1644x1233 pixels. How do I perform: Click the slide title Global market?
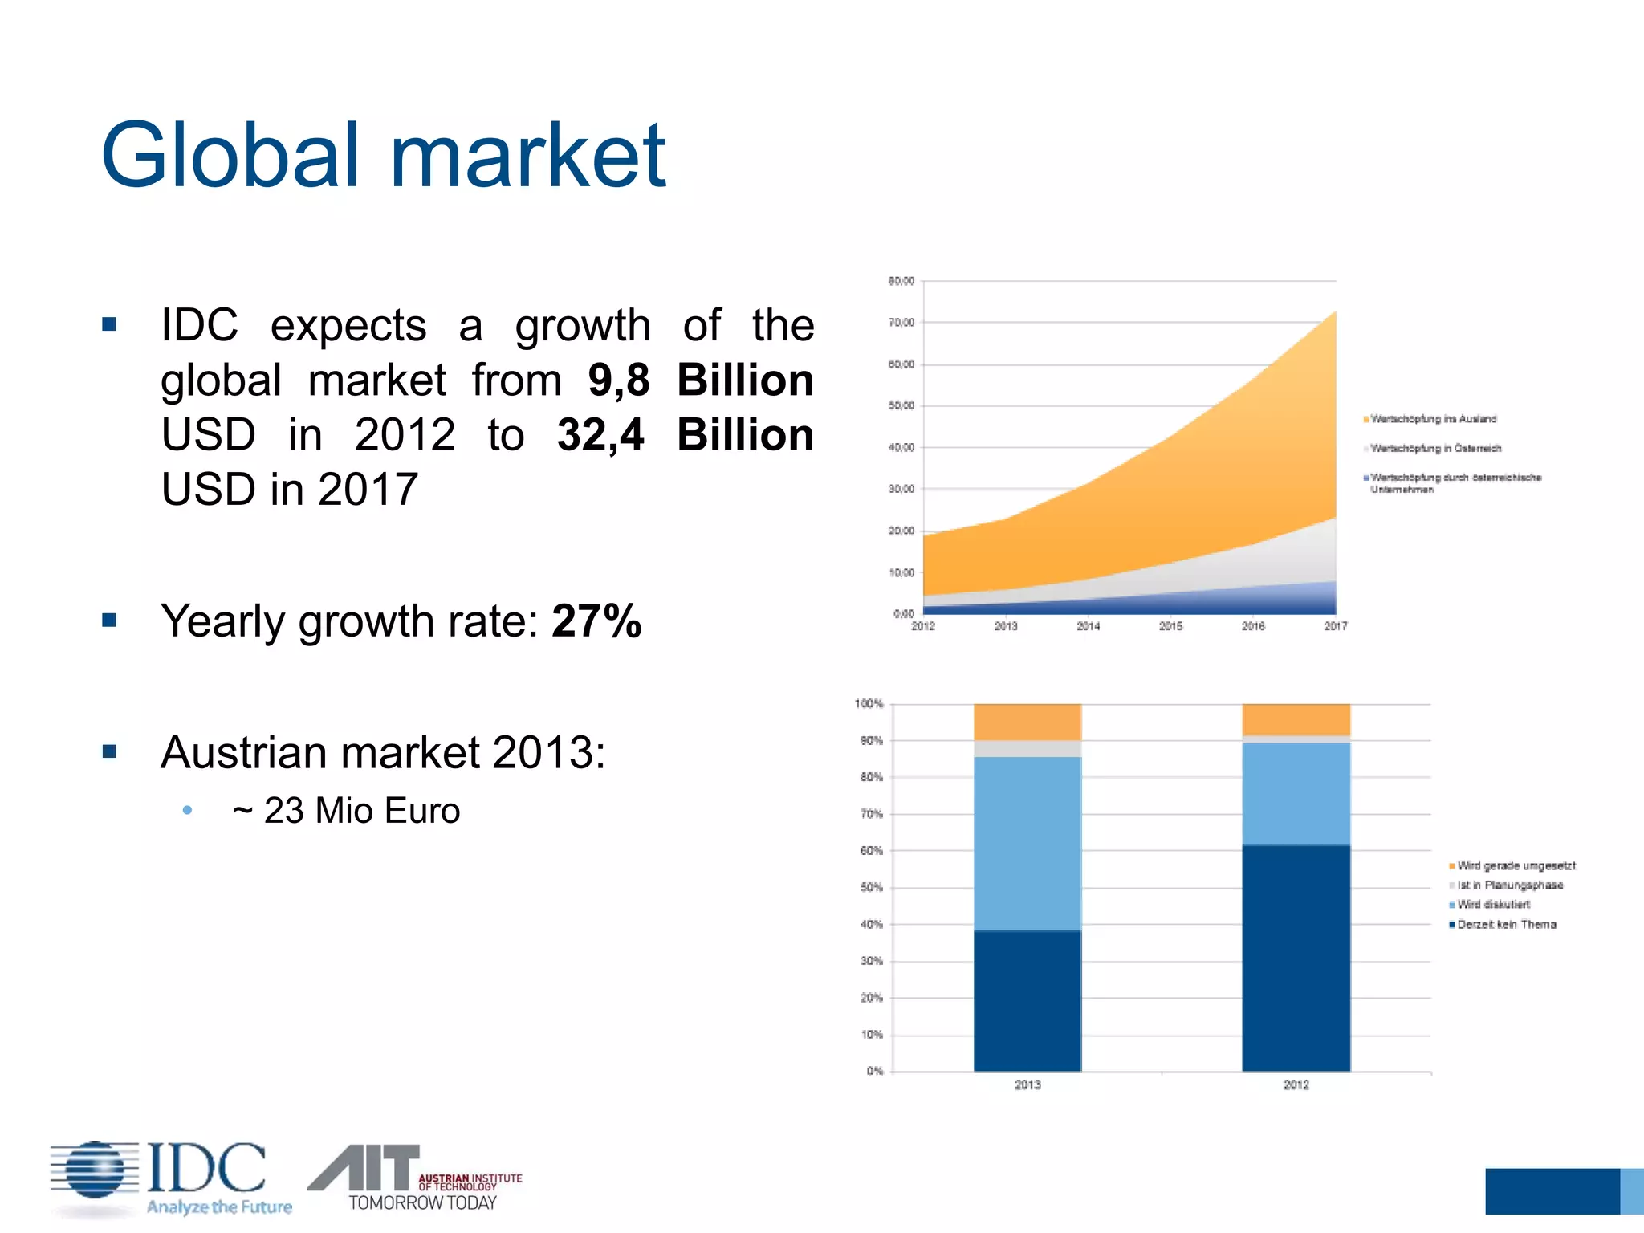coord(383,155)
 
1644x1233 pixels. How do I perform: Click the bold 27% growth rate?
coord(596,621)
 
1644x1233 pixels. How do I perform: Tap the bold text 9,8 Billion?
coord(700,380)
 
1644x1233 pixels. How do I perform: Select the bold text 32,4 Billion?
coord(685,435)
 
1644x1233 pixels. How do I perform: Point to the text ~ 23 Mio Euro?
coord(346,811)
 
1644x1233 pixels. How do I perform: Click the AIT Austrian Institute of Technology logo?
coord(415,1178)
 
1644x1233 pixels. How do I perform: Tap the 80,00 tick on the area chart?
coord(901,281)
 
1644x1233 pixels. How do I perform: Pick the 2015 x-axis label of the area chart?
coord(1170,626)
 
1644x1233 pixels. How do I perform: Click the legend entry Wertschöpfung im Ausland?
coord(1433,419)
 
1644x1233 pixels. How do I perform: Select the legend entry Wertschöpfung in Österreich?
coord(1435,448)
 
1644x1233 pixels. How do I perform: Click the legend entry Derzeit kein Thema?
coord(1506,925)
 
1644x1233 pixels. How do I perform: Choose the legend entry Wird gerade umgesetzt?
coord(1516,865)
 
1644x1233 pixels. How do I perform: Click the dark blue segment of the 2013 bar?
coord(1027,1000)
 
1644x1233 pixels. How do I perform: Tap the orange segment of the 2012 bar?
coord(1296,719)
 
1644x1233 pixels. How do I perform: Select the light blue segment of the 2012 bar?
coord(1296,794)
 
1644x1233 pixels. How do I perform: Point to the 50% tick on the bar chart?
coord(871,888)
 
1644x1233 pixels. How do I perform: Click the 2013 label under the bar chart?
coord(1027,1084)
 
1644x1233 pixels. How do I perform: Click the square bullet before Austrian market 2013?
coord(110,752)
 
